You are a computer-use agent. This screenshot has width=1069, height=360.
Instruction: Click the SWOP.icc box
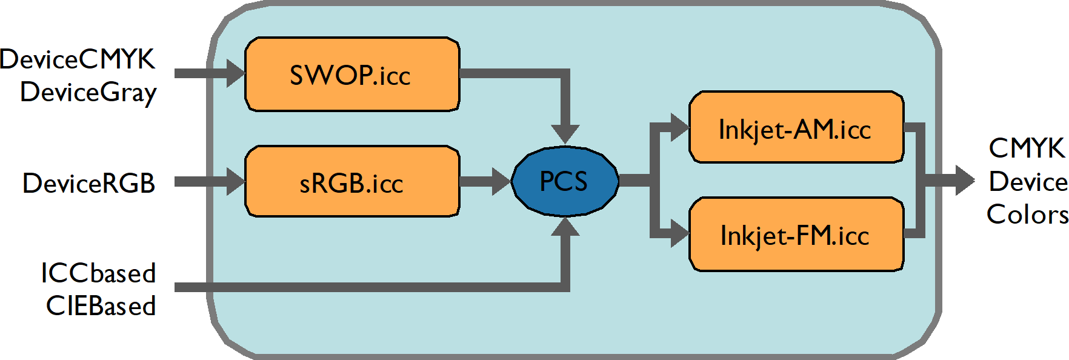pos(351,75)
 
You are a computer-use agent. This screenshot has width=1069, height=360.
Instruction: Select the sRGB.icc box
pos(351,181)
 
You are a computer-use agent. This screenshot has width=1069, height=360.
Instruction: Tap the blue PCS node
pos(565,181)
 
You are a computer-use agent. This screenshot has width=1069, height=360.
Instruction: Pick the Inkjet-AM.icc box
pos(796,127)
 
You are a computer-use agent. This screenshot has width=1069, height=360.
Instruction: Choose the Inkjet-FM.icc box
pos(796,234)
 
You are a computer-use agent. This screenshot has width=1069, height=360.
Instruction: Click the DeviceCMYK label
pos(78,59)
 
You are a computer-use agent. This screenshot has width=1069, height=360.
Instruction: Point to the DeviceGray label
pos(88,93)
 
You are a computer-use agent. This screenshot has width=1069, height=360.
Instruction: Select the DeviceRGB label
pos(88,183)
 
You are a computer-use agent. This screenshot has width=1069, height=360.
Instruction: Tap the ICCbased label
pos(98,273)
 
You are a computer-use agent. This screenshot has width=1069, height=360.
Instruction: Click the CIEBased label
pos(101,306)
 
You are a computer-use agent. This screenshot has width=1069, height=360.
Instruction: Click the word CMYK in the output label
pos(1026,148)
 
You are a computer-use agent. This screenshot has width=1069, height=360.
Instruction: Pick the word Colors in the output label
pos(1027,215)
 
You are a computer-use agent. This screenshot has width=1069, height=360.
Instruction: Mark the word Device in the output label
pos(1028,182)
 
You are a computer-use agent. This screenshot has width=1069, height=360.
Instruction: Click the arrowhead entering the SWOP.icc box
pos(235,73)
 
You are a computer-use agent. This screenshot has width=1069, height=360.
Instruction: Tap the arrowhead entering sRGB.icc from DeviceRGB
pos(235,181)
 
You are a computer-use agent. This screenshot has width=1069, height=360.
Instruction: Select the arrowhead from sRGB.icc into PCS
pos(501,181)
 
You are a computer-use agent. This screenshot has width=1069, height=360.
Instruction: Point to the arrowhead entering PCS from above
pos(565,133)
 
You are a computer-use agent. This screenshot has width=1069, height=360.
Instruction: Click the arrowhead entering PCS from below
pos(565,227)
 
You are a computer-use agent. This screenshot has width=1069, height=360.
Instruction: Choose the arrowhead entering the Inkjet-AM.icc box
pos(679,127)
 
